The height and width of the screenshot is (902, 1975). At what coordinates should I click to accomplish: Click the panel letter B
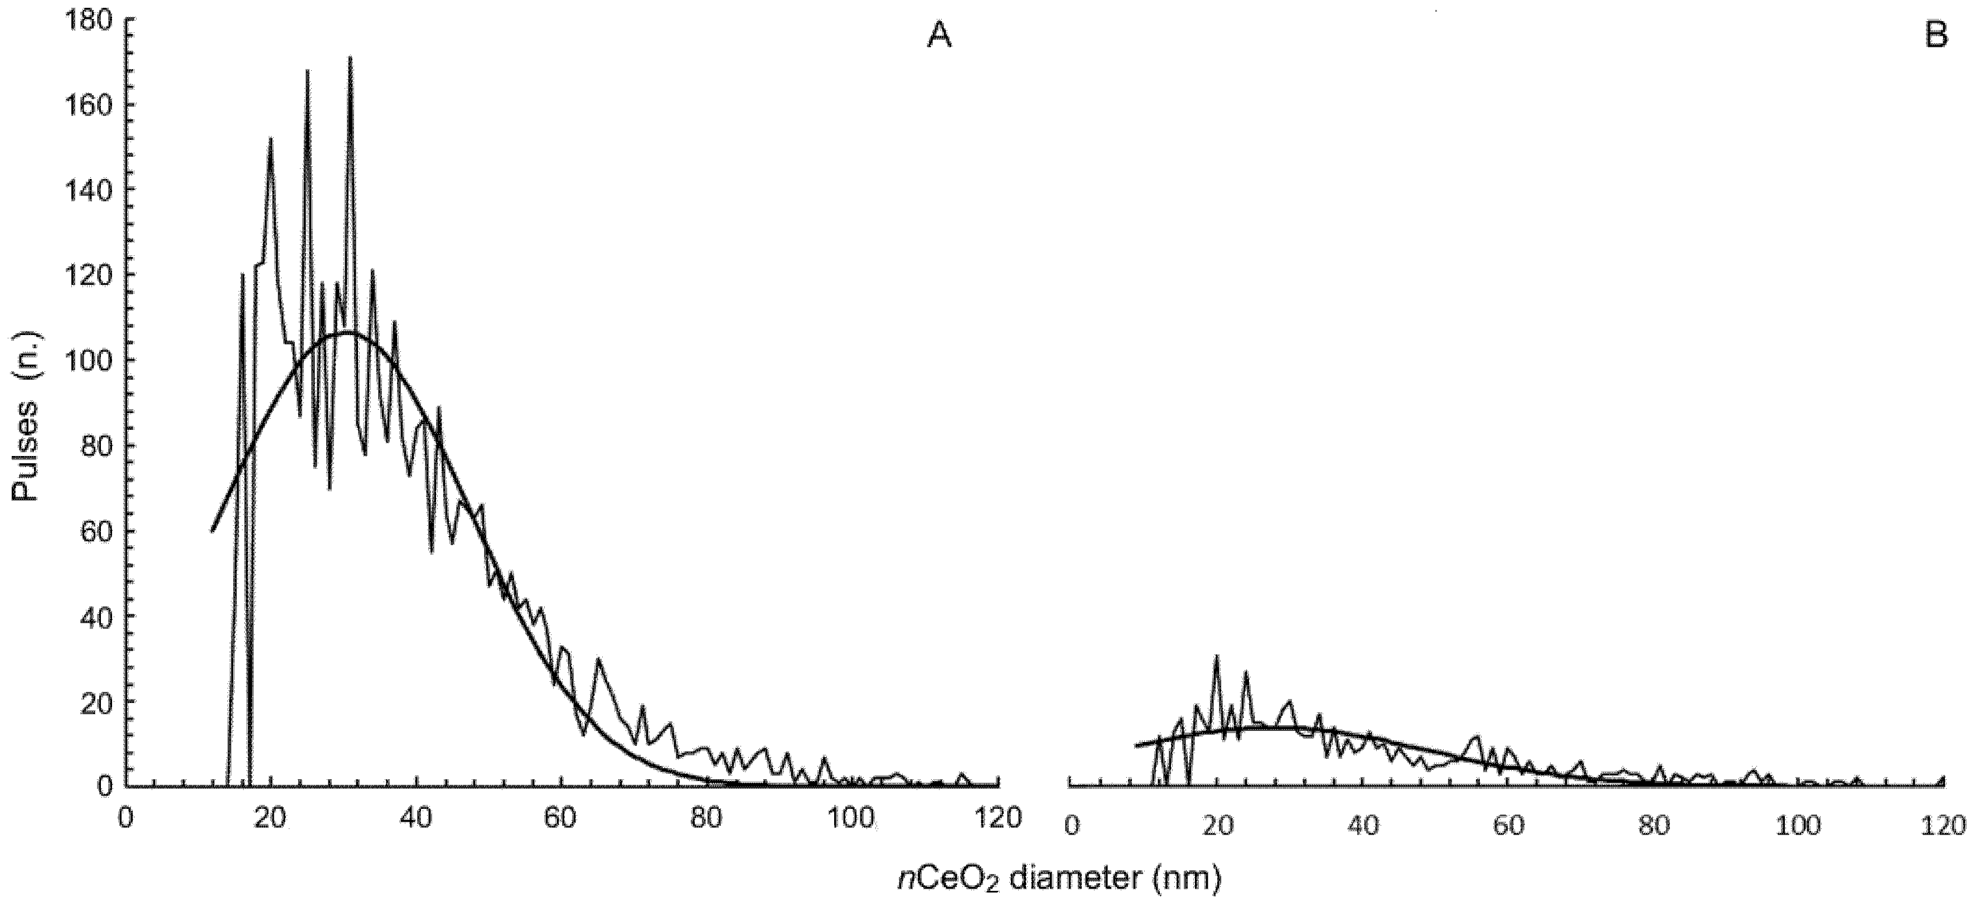[1937, 36]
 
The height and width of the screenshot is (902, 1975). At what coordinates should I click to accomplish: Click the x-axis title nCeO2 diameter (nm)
[1058, 878]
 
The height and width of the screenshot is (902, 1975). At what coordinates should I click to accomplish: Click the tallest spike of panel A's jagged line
[350, 57]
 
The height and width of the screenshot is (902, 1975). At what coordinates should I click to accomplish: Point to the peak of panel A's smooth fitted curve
[348, 333]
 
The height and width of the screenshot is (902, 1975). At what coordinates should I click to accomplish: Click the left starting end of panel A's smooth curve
[212, 530]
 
